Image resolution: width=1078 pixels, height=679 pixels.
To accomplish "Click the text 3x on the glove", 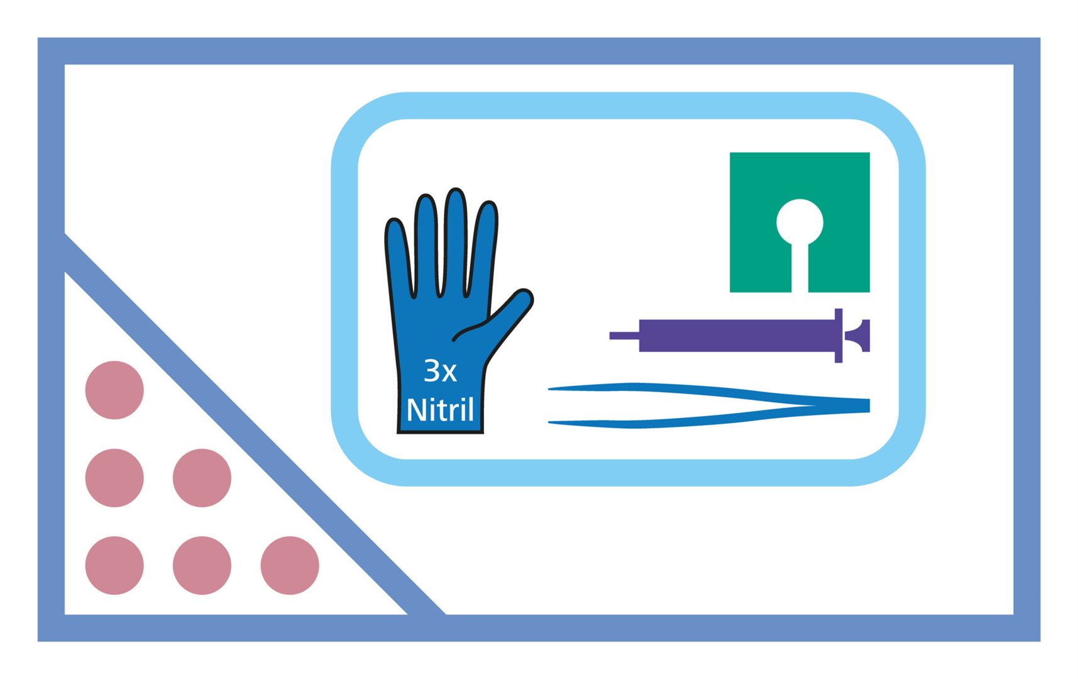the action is click(440, 371).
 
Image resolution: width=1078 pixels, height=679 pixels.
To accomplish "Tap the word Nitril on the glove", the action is click(440, 410).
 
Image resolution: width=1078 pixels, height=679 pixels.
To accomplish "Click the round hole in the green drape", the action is click(800, 222).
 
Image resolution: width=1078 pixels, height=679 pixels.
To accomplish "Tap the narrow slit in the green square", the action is click(800, 268).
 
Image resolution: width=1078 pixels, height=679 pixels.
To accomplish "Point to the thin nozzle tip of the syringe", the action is click(624, 336).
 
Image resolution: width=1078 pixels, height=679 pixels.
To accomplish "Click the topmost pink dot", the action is click(114, 390).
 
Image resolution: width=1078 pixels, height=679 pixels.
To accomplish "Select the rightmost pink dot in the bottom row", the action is click(290, 565).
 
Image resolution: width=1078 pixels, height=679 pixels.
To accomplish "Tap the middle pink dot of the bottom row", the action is click(202, 565).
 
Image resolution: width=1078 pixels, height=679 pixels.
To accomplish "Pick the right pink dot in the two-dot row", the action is click(202, 478).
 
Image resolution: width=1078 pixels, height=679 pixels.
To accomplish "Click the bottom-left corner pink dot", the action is click(114, 565).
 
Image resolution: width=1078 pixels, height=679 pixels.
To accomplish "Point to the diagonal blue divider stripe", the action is click(255, 424).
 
